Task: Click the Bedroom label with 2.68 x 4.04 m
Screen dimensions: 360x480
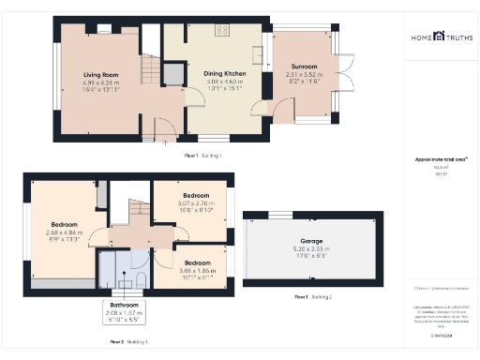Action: pyautogui.click(x=65, y=225)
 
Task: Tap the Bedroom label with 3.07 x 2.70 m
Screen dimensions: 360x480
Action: pyautogui.click(x=197, y=198)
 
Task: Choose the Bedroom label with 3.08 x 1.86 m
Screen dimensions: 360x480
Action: pyautogui.click(x=197, y=262)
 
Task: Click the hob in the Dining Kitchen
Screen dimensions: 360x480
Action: pyautogui.click(x=223, y=31)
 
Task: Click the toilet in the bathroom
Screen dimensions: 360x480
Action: pyautogui.click(x=138, y=278)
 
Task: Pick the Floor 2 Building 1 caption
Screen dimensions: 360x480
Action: pyautogui.click(x=128, y=342)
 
